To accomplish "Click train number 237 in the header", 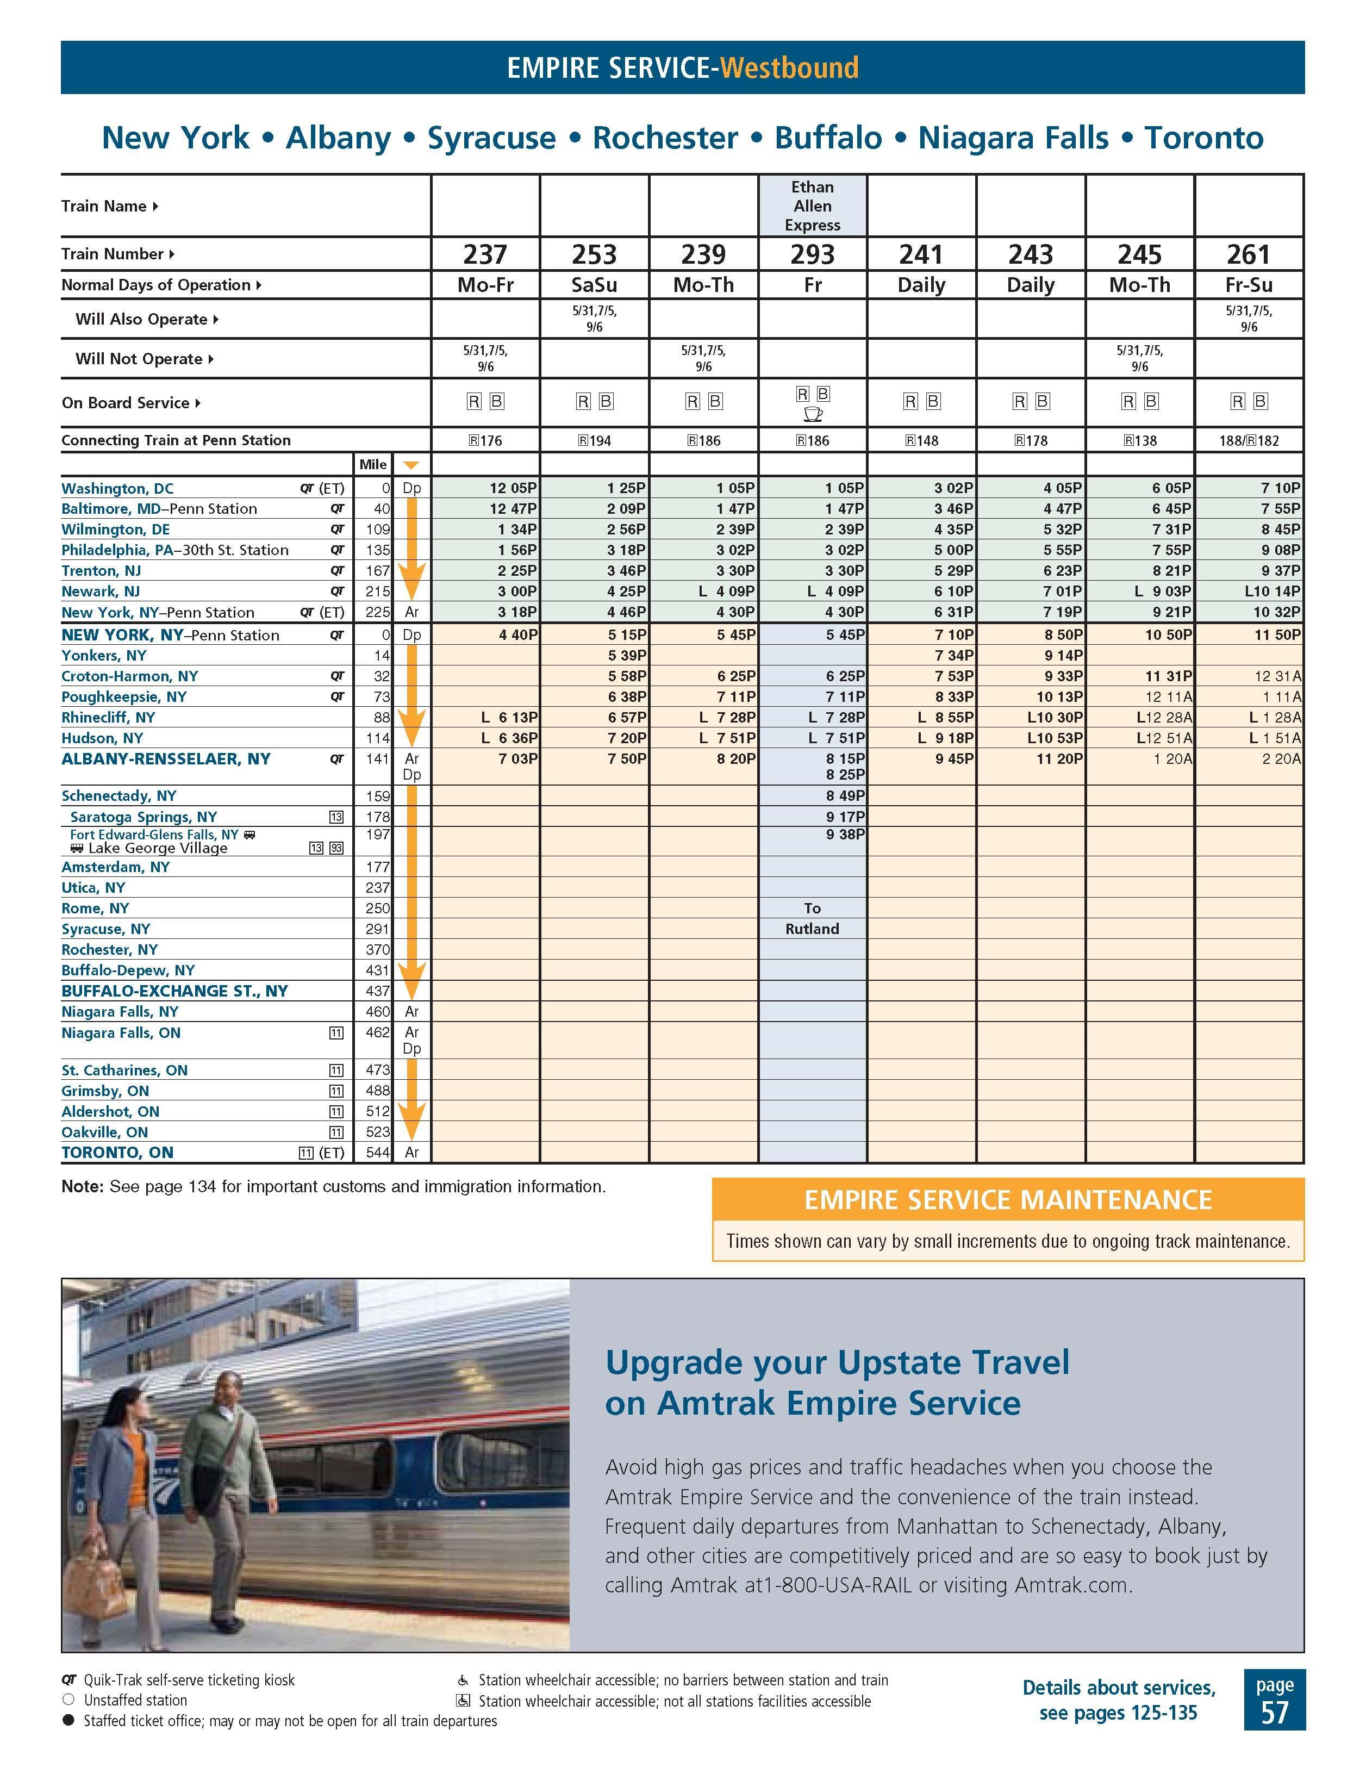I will (x=485, y=254).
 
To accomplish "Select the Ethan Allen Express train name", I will (x=812, y=206).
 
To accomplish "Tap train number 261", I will (x=1248, y=254).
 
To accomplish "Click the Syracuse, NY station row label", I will (x=105, y=929).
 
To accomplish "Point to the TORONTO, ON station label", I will (x=118, y=1152).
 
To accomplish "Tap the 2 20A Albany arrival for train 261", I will (x=1281, y=758).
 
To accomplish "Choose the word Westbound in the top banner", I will (x=789, y=67).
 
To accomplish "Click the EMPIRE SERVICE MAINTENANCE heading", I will (x=1007, y=1200).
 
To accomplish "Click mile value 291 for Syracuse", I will (x=378, y=929).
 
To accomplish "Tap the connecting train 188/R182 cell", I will (x=1248, y=441).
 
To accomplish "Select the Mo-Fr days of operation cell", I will (x=485, y=285).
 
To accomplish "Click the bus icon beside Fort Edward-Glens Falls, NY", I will (x=250, y=834).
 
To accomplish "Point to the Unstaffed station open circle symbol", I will (x=68, y=1700).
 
